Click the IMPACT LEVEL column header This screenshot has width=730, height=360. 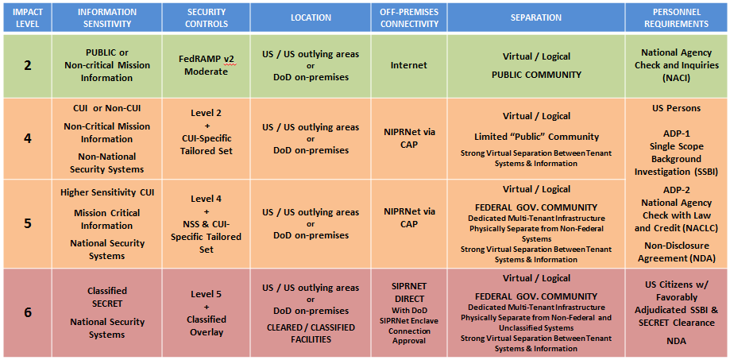[x=28, y=17]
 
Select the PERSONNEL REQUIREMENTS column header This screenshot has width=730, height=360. [x=677, y=17]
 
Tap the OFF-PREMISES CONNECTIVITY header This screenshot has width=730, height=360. [x=409, y=17]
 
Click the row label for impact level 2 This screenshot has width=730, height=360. [x=28, y=65]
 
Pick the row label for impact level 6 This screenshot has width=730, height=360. [x=28, y=312]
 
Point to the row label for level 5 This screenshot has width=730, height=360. [x=28, y=223]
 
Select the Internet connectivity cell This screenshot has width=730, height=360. [x=409, y=66]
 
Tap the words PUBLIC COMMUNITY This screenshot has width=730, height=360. [x=536, y=75]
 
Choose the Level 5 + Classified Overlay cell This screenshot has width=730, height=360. [x=207, y=313]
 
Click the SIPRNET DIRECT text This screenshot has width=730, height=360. [x=409, y=291]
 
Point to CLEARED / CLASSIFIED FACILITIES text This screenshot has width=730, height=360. [x=311, y=334]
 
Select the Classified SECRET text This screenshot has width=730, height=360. [x=107, y=297]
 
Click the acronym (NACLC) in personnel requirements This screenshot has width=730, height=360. [x=698, y=228]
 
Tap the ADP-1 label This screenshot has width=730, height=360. [x=677, y=134]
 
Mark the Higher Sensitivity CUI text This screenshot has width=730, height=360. [x=107, y=192]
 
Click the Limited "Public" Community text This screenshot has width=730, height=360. [x=536, y=137]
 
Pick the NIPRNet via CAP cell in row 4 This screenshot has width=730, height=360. [x=409, y=138]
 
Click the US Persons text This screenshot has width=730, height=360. [x=677, y=108]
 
